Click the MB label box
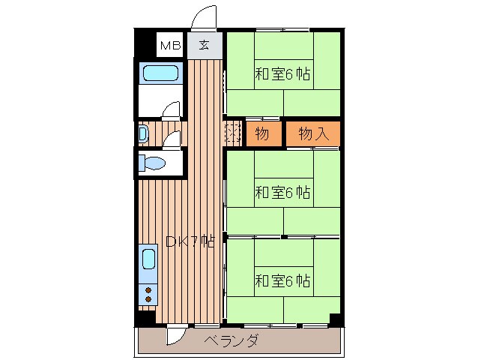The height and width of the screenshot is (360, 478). (170, 46)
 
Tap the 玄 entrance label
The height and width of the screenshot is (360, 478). (204, 46)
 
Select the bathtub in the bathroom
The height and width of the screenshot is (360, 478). (161, 73)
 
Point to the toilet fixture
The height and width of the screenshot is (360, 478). (154, 163)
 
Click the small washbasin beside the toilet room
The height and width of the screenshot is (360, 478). (142, 134)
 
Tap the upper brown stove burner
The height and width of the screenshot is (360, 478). (148, 289)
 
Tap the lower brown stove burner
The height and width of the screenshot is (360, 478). (148, 299)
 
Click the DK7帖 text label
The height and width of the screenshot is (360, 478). (190, 241)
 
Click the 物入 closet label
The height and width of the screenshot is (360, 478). (313, 134)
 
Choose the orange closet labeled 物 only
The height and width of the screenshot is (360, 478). (261, 134)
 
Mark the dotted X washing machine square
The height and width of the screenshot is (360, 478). (232, 134)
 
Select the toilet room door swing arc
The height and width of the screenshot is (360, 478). (173, 139)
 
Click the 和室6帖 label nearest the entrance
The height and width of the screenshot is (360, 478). (282, 74)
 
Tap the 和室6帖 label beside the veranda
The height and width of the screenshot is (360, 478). (282, 281)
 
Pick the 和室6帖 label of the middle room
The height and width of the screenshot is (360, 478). (282, 192)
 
